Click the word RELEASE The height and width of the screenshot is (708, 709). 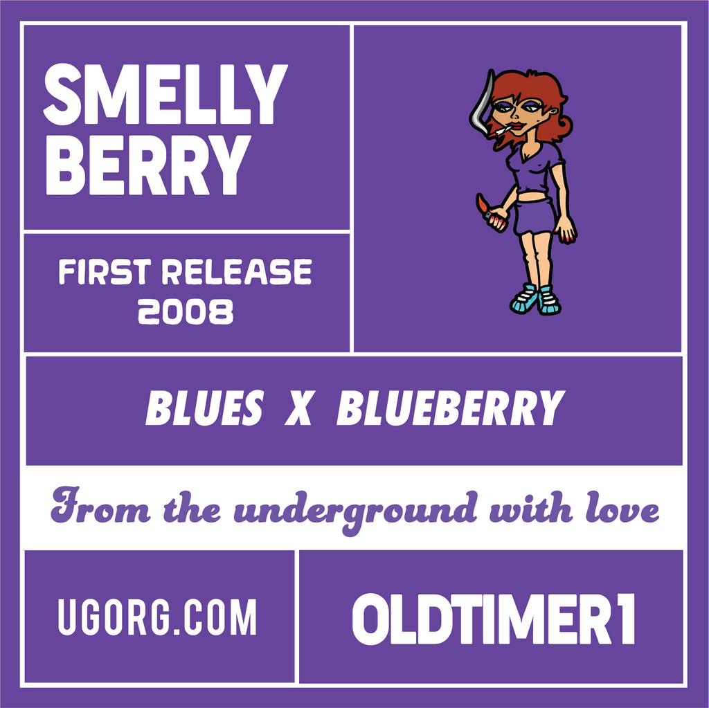[236, 273]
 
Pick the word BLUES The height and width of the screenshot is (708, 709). [204, 408]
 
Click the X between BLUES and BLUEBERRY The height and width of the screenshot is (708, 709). [298, 408]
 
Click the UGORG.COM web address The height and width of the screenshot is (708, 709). [157, 617]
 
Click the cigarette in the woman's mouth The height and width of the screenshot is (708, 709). [505, 129]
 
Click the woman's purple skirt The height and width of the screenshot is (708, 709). [535, 217]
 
